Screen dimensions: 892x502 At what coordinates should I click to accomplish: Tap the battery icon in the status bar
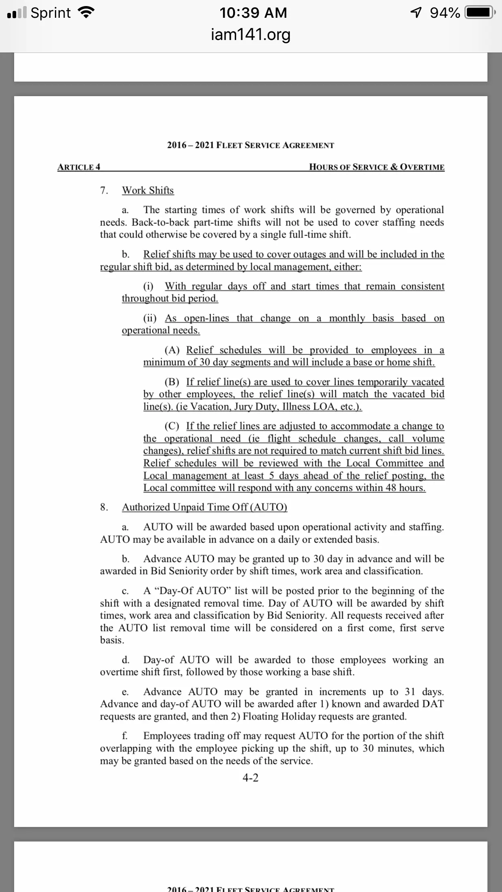tap(479, 13)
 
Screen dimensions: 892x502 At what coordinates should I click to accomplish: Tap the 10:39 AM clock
tap(253, 13)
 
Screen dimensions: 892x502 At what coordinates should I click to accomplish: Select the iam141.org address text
tap(251, 34)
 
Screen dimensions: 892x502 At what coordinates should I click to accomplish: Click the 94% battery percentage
tap(445, 13)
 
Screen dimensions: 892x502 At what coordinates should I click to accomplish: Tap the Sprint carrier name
tap(51, 13)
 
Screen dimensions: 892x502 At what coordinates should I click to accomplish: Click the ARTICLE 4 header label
tap(79, 167)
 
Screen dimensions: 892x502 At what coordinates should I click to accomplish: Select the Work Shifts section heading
tap(148, 190)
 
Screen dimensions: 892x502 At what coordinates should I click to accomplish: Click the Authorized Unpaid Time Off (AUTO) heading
tap(205, 507)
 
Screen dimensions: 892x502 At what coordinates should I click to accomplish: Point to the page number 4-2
tap(251, 778)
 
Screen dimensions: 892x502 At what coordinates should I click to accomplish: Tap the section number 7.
tap(104, 190)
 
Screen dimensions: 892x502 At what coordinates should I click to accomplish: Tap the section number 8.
tap(104, 507)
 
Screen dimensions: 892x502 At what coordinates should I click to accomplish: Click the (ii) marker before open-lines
tap(150, 318)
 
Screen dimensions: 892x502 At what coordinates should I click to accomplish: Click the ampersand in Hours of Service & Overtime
tap(394, 167)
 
